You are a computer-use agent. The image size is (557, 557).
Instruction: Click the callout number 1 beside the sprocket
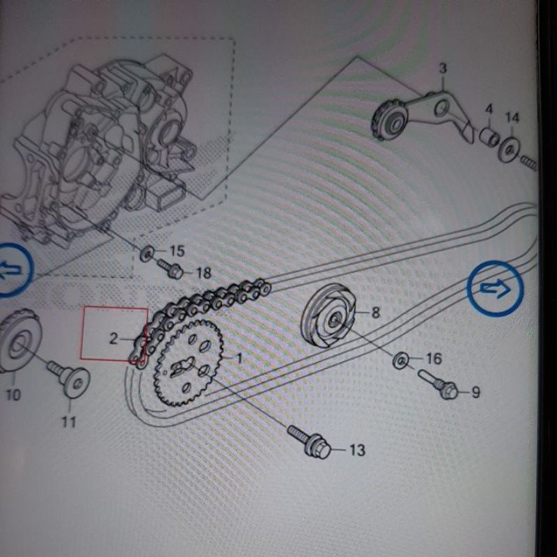pos(240,358)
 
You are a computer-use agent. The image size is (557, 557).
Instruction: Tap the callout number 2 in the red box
pos(113,338)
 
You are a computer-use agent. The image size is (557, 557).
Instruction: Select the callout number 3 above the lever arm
pos(443,68)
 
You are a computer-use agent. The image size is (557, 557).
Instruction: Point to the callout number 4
pos(489,109)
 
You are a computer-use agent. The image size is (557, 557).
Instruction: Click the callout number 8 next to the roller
pos(375,313)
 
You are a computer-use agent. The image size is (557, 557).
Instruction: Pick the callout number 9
pos(476,392)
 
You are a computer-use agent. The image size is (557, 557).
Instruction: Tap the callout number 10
pos(13,395)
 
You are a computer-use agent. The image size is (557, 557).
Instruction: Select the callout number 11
pos(69,422)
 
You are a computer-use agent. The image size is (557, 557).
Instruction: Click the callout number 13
pos(357,450)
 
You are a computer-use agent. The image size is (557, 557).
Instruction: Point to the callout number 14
pos(512,118)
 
